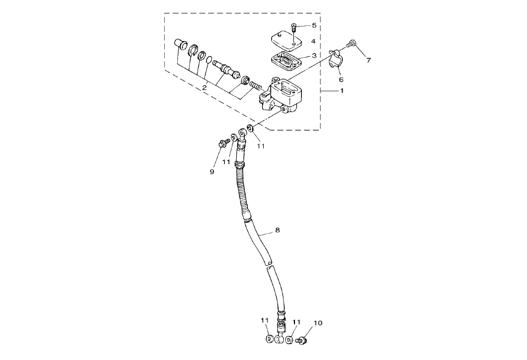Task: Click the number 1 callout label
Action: tap(342, 92)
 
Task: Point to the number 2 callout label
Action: tap(204, 87)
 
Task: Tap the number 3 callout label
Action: tap(314, 55)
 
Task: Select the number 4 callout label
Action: tap(314, 41)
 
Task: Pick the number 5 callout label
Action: tap(314, 25)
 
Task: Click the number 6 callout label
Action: tap(341, 79)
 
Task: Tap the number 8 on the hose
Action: tap(277, 230)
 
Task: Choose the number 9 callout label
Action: tap(212, 172)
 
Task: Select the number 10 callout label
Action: tap(318, 322)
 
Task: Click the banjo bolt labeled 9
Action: tap(222, 143)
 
